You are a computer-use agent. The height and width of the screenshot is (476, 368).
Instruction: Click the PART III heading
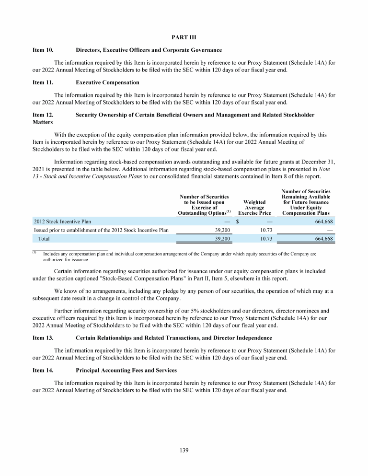coord(184,37)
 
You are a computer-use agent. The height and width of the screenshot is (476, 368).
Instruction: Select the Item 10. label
coord(43,49)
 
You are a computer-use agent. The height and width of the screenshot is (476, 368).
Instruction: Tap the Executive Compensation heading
coord(107,82)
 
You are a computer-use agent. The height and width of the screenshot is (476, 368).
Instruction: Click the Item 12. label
coord(43,115)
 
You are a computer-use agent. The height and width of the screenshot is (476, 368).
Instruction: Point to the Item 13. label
coord(43,338)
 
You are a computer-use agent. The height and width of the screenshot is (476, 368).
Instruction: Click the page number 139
coord(184,450)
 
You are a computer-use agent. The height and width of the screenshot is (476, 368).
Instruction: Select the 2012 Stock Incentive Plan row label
coord(62,221)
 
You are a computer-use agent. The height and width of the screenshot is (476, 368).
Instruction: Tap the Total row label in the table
coord(44,238)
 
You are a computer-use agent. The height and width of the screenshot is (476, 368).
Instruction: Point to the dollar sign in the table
coord(238,221)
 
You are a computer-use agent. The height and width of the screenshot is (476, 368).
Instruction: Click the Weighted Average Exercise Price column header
coord(254,208)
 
